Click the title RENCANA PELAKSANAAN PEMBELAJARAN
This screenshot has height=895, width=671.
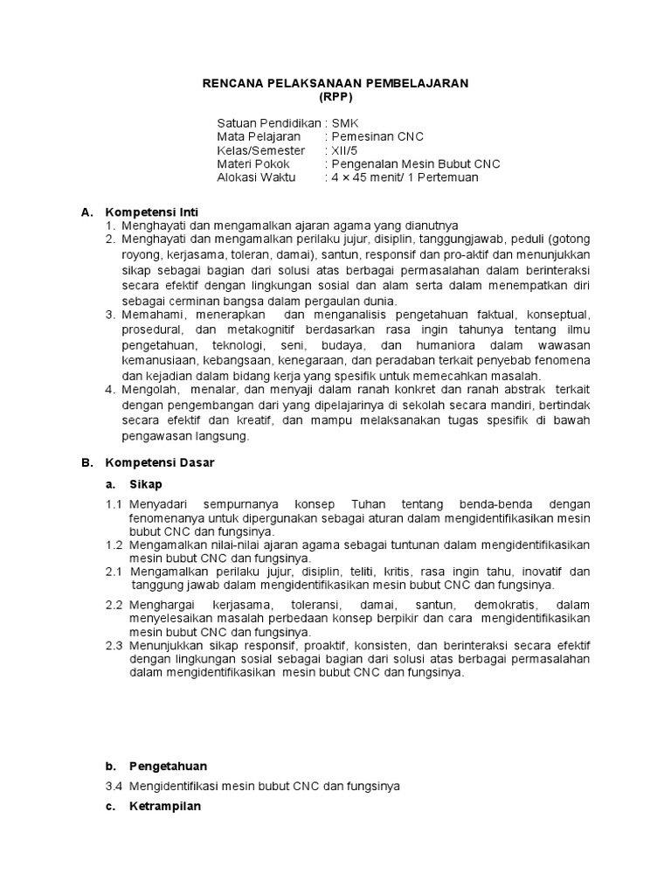(335, 82)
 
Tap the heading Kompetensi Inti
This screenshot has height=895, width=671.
(152, 212)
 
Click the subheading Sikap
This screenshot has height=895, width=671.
(146, 483)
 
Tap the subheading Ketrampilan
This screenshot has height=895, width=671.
(164, 806)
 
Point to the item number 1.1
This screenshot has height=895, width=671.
(114, 504)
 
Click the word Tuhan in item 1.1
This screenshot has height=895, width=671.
(367, 504)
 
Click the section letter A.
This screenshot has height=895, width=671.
(86, 212)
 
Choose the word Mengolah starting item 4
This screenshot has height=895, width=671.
(146, 388)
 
